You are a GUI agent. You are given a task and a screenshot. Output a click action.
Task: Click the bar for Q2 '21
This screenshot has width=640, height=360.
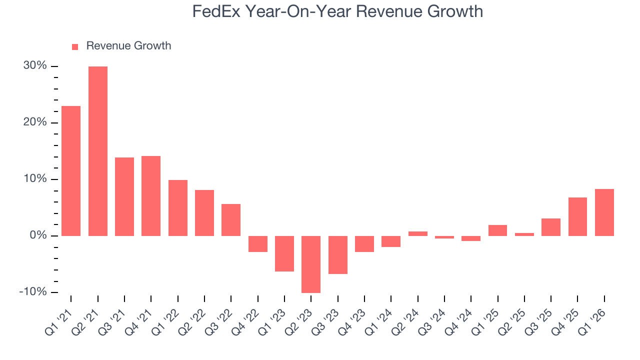(98, 151)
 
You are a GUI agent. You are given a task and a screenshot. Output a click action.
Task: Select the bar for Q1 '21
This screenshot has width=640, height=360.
(71, 171)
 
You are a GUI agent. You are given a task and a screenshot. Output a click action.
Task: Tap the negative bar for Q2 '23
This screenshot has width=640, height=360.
(311, 264)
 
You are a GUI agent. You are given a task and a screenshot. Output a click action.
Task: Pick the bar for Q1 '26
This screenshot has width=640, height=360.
(604, 212)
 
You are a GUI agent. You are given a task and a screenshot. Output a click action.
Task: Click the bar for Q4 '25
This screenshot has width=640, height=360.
(577, 216)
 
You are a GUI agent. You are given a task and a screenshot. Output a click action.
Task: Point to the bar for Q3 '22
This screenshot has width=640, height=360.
(231, 220)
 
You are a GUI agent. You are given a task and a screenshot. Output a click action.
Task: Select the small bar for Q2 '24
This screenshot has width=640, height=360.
(417, 233)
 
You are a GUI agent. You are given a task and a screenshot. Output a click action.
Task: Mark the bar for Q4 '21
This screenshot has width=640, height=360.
(151, 196)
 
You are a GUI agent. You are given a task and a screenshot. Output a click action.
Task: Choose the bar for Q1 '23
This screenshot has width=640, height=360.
(284, 253)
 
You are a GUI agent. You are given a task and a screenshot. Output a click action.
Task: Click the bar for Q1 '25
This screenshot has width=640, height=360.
(497, 230)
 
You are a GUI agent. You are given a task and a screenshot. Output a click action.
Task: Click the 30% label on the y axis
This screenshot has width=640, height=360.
(35, 66)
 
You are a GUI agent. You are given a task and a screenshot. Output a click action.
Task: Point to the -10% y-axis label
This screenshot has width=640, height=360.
(33, 292)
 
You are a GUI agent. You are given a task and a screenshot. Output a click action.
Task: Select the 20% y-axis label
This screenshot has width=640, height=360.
(35, 122)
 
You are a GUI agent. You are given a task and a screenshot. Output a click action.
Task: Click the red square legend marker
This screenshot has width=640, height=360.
(75, 46)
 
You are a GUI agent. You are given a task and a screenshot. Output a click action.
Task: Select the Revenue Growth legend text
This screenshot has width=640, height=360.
(128, 46)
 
